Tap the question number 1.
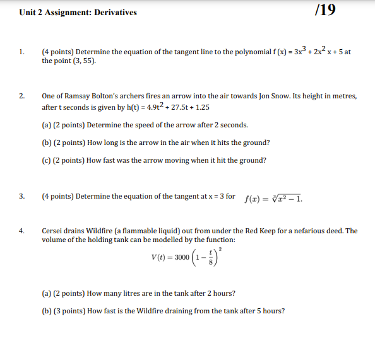click(x=22, y=52)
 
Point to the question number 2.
click(x=22, y=96)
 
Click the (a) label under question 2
click(x=47, y=125)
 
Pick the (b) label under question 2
click(x=47, y=142)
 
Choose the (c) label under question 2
click(x=47, y=160)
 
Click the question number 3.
click(x=22, y=196)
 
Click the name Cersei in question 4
click(x=53, y=231)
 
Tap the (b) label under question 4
click(x=47, y=311)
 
